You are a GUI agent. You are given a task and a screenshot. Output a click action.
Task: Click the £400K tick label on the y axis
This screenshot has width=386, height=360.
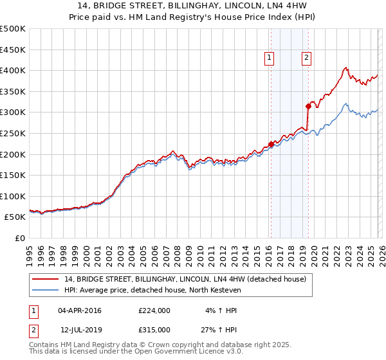(13, 70)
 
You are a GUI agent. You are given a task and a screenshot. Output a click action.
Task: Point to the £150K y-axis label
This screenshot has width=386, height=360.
(13, 175)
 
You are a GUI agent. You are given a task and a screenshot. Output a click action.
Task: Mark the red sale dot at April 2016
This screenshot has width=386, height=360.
(271, 144)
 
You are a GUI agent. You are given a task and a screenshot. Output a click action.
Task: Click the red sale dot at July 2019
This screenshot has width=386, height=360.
(308, 106)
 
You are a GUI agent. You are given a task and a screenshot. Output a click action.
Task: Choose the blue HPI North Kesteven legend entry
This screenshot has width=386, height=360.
(152, 291)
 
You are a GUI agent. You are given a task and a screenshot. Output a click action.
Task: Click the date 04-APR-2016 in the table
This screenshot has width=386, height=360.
(80, 310)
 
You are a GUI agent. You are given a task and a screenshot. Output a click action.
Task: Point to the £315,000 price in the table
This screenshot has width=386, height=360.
(154, 329)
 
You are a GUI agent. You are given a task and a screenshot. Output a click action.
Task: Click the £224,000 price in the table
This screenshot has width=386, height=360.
(154, 310)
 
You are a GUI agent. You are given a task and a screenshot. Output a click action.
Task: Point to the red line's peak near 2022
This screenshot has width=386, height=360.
(346, 67)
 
